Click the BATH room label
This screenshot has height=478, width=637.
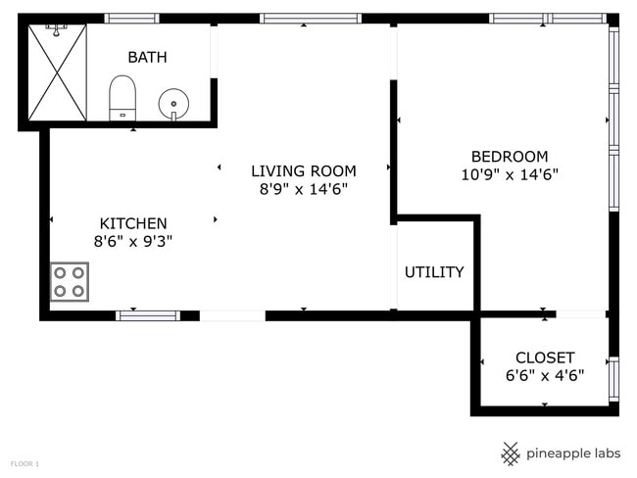(147, 58)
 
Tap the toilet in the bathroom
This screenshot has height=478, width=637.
(122, 96)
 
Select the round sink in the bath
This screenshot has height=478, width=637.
(173, 101)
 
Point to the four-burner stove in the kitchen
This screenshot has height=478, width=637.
(70, 281)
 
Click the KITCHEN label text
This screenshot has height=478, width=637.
(133, 223)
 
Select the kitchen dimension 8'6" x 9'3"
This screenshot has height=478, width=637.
(133, 241)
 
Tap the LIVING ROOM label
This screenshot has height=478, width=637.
(303, 170)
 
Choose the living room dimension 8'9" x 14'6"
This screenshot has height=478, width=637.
(303, 188)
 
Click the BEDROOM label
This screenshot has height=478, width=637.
(509, 157)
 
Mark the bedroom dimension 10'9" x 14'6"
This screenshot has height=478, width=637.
(509, 175)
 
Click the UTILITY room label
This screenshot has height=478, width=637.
(434, 272)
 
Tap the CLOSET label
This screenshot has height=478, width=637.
(545, 358)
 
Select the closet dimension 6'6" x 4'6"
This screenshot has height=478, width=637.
(545, 374)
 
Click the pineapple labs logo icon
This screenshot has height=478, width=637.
(511, 453)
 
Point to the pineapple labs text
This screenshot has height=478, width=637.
(572, 453)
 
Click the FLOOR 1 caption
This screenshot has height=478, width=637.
(24, 462)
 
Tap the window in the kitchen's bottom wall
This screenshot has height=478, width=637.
(148, 315)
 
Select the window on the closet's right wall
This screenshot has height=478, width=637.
(613, 379)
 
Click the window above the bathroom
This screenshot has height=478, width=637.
(131, 18)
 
